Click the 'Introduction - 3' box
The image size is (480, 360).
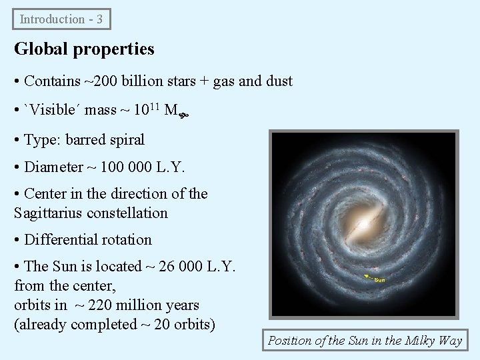click(61, 19)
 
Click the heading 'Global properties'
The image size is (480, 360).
click(84, 49)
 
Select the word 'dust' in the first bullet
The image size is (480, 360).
click(279, 81)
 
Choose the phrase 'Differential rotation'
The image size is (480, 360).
click(88, 239)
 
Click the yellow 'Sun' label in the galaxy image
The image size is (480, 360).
click(379, 280)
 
